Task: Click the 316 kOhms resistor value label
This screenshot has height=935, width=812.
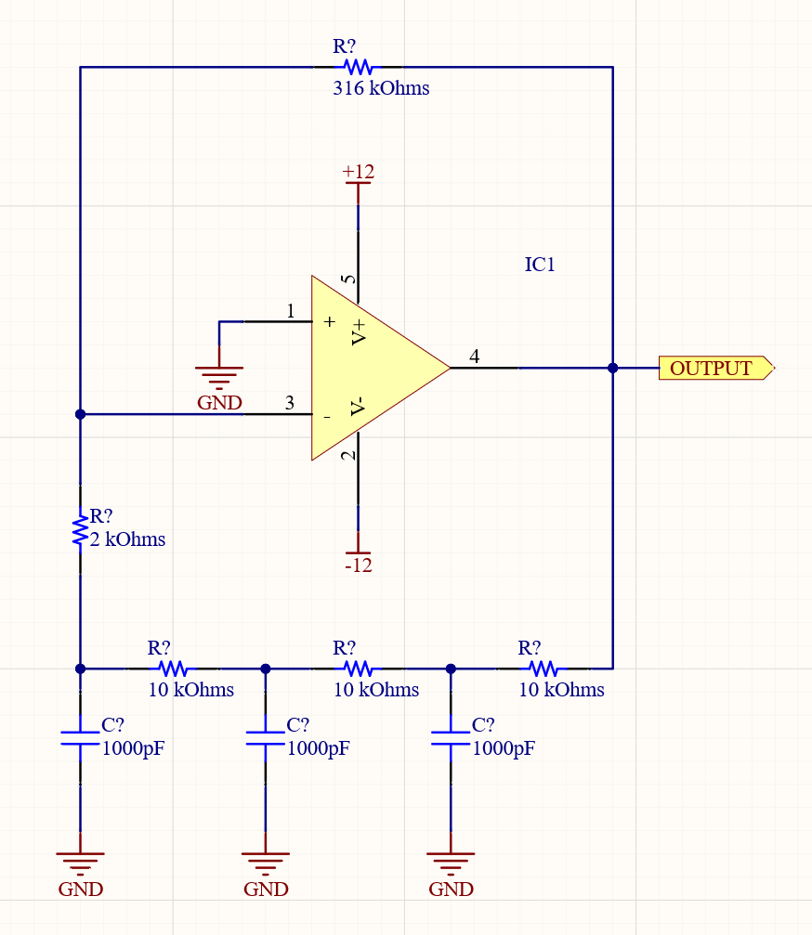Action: tap(381, 89)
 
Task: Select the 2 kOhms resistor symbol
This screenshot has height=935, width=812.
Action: tap(80, 530)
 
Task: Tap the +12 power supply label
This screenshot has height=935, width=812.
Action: tap(358, 172)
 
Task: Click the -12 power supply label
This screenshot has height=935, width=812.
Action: tap(358, 565)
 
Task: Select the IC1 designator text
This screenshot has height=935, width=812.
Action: tap(540, 265)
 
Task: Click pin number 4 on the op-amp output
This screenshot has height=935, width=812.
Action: tap(475, 356)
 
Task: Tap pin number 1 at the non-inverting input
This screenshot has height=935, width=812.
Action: tap(291, 311)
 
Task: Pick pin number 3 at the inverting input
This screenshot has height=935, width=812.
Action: tap(290, 403)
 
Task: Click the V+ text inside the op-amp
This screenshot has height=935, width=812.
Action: tap(359, 331)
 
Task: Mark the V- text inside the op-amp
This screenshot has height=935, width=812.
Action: tap(359, 407)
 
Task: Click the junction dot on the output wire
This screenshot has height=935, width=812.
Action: tap(612, 368)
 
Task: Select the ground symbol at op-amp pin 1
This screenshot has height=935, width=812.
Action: tap(219, 376)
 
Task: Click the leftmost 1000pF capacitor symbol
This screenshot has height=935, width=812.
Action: tap(80, 737)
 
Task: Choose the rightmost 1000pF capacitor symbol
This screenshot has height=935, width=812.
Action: tap(451, 737)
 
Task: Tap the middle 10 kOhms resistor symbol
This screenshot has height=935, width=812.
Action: tap(358, 668)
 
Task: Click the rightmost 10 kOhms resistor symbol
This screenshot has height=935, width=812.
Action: tap(544, 668)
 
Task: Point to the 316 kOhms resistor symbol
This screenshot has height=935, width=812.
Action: tap(358, 67)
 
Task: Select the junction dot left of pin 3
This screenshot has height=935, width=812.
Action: tap(80, 414)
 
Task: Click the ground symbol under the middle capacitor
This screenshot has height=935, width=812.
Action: tap(266, 864)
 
